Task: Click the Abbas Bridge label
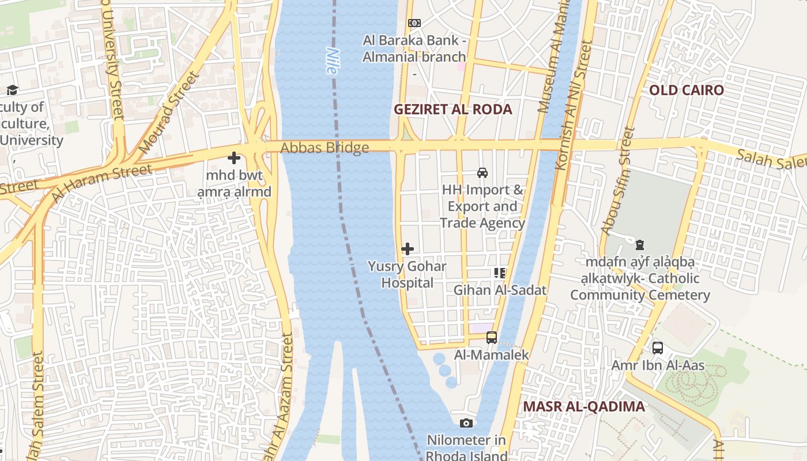pyautogui.click(x=325, y=148)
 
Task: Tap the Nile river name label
pyautogui.click(x=331, y=61)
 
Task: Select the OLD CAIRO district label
pyautogui.click(x=686, y=90)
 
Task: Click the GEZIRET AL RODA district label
pyautogui.click(x=452, y=109)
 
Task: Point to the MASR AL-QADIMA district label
pyautogui.click(x=583, y=407)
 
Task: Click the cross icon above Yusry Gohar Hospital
pyautogui.click(x=408, y=249)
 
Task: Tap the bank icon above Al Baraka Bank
pyautogui.click(x=414, y=23)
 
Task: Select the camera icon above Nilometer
pyautogui.click(x=466, y=424)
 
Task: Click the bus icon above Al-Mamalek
pyautogui.click(x=491, y=338)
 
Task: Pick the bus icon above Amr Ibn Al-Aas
pyautogui.click(x=657, y=348)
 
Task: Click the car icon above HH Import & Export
pyautogui.click(x=482, y=172)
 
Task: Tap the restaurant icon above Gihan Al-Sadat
pyautogui.click(x=499, y=273)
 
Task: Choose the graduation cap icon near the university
pyautogui.click(x=12, y=90)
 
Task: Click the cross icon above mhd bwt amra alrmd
pyautogui.click(x=234, y=157)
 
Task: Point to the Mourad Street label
pyautogui.click(x=168, y=112)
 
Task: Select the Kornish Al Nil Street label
pyautogui.click(x=573, y=105)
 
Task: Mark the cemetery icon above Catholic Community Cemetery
pyautogui.click(x=639, y=245)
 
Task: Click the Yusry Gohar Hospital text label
pyautogui.click(x=408, y=275)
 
